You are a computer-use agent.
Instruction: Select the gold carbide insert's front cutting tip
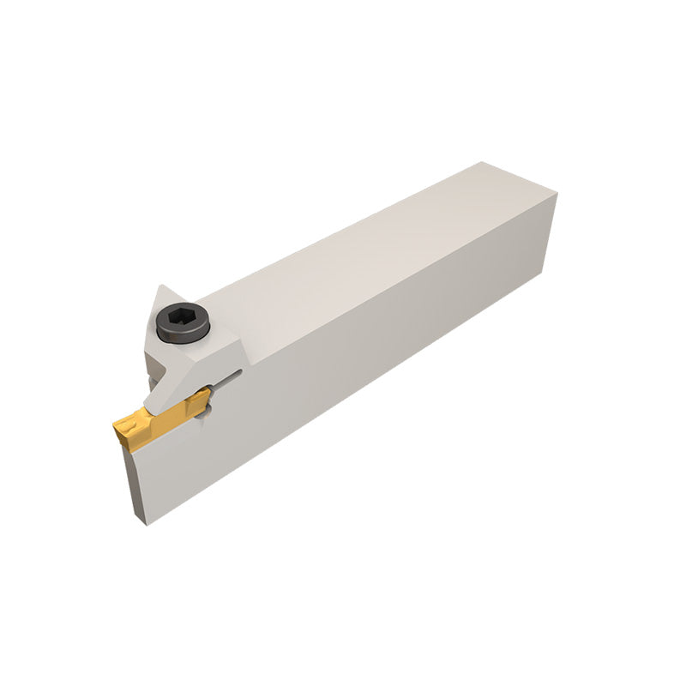(120, 427)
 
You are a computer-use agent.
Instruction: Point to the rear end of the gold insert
(203, 395)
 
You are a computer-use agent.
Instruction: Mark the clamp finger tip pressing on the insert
(159, 403)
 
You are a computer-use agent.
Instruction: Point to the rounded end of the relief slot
(239, 372)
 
